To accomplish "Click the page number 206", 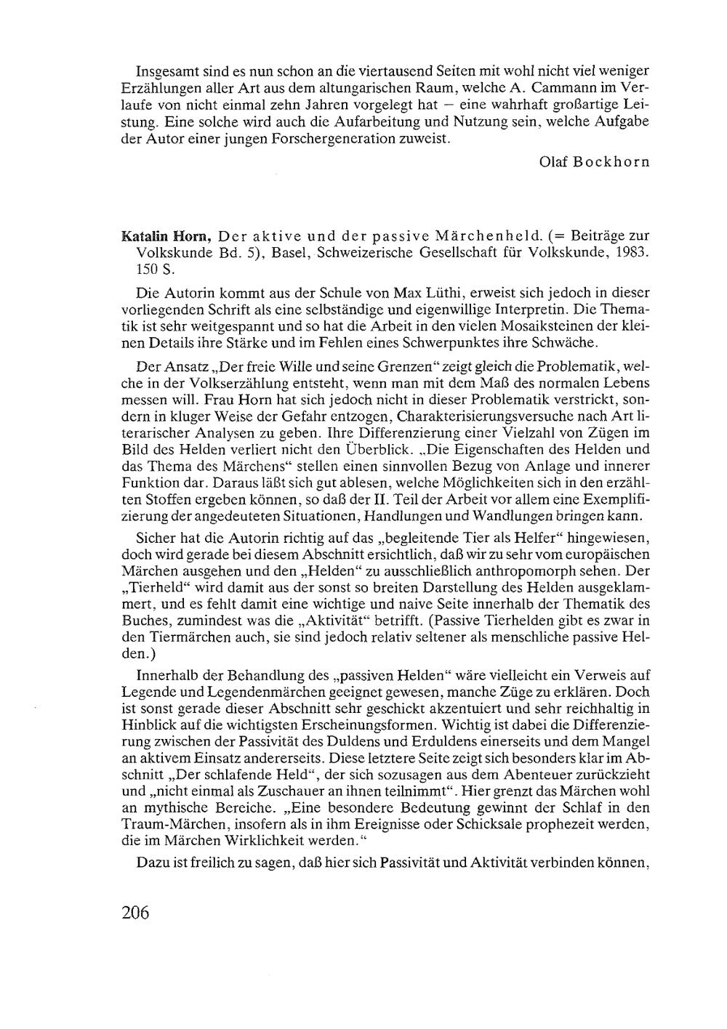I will pos(134,913).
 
